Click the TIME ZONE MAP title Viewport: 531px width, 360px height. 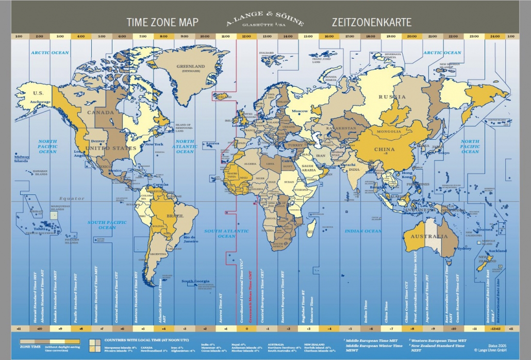pos(162,23)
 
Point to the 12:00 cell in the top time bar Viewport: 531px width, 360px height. pos(246,37)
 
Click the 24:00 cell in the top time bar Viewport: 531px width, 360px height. pos(495,37)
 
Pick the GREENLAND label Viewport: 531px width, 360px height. pos(191,67)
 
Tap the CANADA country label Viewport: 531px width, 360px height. pos(100,112)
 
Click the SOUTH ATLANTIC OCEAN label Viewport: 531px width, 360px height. pos(226,233)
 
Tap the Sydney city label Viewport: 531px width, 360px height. pos(463,249)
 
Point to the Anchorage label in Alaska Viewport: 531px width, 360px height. pos(40,102)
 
